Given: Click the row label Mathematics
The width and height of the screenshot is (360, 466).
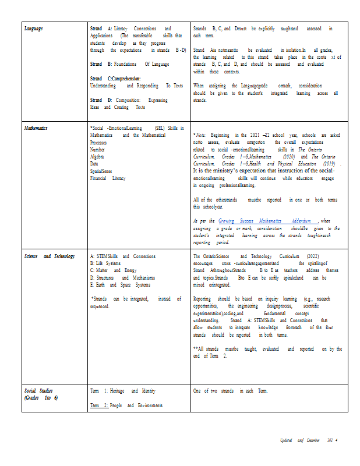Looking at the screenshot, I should (x=36, y=128).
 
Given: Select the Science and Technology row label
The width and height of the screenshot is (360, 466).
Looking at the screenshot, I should (x=50, y=256).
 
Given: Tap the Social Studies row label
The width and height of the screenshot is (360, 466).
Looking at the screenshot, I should (x=40, y=390).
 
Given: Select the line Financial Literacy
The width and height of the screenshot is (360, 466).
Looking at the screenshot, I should (x=107, y=178).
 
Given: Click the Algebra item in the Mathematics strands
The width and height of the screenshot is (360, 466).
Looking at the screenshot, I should (x=98, y=156).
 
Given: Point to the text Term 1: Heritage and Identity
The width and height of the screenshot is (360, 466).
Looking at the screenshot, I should (x=122, y=391).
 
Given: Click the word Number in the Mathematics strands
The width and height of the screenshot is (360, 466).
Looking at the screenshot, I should (x=98, y=149).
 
